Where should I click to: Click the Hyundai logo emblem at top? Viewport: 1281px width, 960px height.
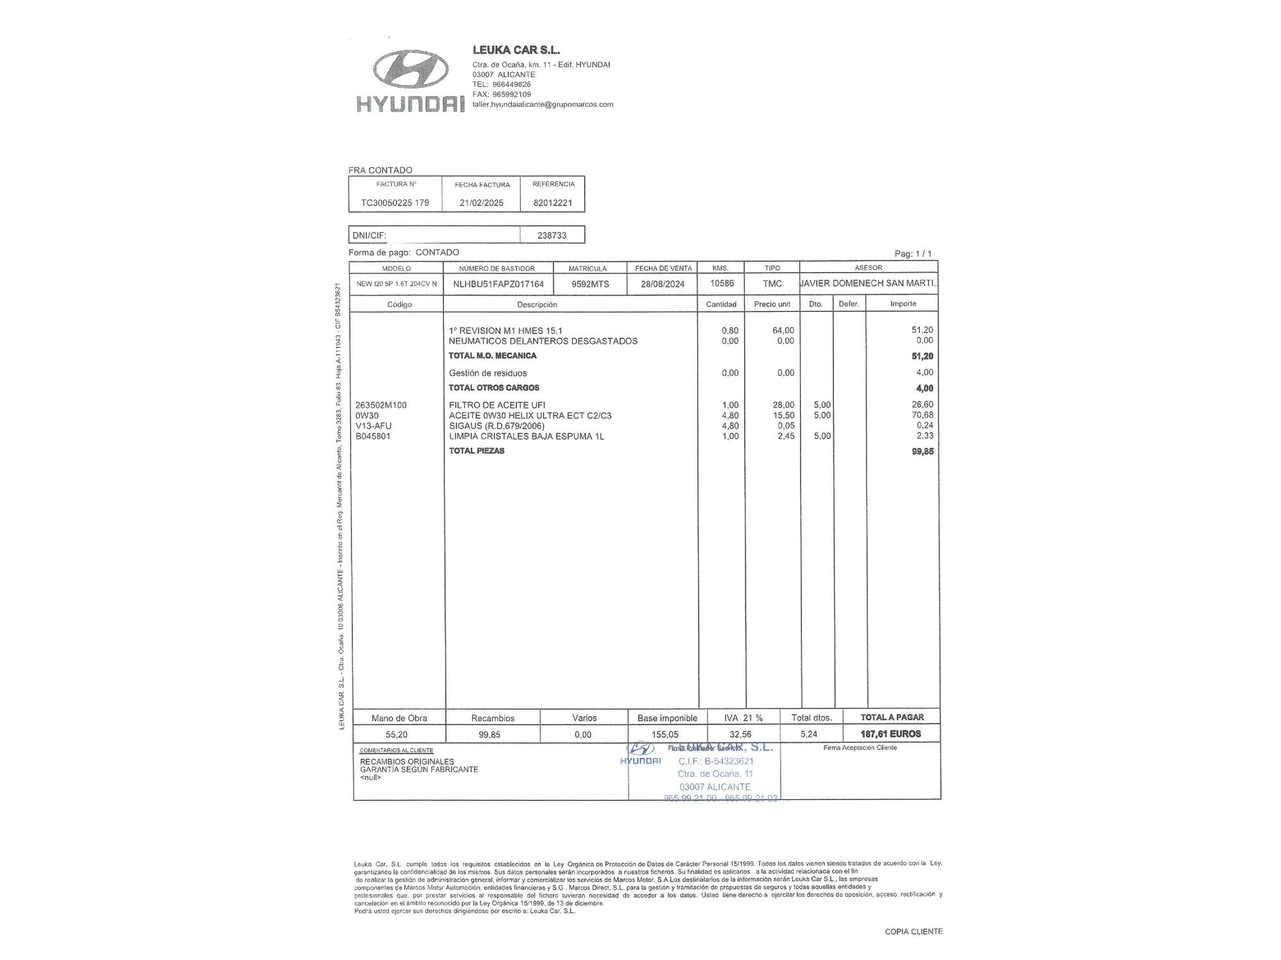click(410, 69)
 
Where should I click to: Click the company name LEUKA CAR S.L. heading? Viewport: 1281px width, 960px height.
click(516, 50)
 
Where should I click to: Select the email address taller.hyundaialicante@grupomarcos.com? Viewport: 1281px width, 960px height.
click(543, 104)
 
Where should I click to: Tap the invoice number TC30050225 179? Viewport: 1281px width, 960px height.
click(395, 203)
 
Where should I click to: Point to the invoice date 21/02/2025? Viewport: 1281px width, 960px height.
click(482, 203)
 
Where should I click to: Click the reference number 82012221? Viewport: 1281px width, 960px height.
click(553, 203)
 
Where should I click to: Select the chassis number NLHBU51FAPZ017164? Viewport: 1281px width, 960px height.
click(498, 284)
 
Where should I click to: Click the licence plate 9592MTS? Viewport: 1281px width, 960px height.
click(590, 284)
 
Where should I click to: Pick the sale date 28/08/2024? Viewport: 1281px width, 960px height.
click(663, 284)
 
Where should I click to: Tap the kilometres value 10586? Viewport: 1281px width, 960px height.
click(722, 283)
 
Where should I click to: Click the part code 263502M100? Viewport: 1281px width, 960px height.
click(381, 405)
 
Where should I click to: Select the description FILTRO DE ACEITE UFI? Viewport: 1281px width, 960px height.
click(497, 405)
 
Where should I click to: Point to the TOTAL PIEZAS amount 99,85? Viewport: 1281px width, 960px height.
click(922, 451)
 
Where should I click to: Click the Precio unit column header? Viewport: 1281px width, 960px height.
click(772, 304)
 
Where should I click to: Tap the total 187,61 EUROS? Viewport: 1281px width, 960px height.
click(891, 734)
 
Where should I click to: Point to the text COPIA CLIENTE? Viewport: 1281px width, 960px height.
click(913, 932)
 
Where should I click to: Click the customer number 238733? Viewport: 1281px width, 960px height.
click(551, 236)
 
